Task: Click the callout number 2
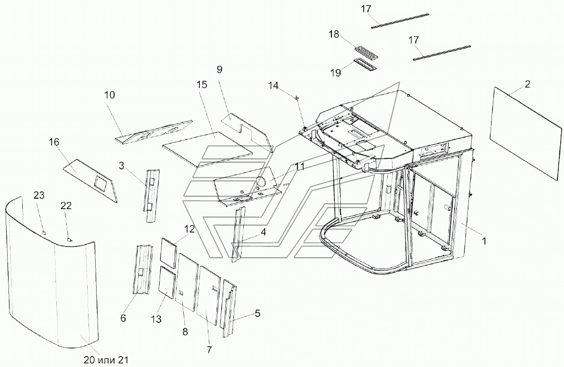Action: pyautogui.click(x=528, y=84)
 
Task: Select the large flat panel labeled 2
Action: pyautogui.click(x=526, y=132)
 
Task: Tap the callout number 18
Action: pyautogui.click(x=334, y=35)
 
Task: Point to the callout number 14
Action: pyautogui.click(x=273, y=86)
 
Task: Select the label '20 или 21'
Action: pyautogui.click(x=106, y=359)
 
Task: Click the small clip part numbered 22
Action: pyautogui.click(x=69, y=238)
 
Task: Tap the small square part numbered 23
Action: pyautogui.click(x=44, y=232)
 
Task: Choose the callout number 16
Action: pyautogui.click(x=54, y=142)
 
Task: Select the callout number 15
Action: pyautogui.click(x=202, y=85)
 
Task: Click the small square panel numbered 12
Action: pyautogui.click(x=169, y=253)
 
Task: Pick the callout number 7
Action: pyautogui.click(x=209, y=350)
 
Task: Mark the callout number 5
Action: pyautogui.click(x=258, y=313)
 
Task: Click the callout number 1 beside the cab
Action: pyautogui.click(x=484, y=241)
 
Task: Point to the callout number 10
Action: pyautogui.click(x=110, y=95)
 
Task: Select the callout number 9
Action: pyautogui.click(x=220, y=69)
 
